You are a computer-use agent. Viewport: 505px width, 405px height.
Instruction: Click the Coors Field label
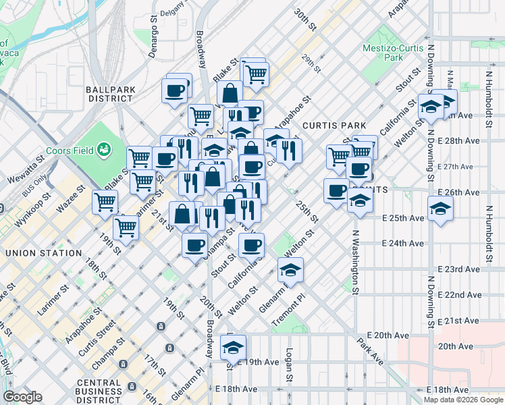pos(70,149)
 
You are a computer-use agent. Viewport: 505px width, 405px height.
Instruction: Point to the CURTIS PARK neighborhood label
pos(334,126)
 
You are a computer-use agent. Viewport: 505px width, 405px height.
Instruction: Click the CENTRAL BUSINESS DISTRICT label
pos(99,391)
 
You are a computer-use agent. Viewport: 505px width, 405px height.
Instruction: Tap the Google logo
pos(22,397)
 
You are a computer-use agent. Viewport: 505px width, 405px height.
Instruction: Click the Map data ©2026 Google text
pos(463,399)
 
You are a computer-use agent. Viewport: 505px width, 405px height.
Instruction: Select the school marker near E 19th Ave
pos(233,348)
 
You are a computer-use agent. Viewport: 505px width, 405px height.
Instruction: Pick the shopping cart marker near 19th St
pos(126,227)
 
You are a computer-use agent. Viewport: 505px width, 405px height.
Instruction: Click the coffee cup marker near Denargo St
pos(175,90)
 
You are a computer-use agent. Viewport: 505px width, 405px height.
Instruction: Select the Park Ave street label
pos(371,351)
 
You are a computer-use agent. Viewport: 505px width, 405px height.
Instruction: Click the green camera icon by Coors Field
pos(103,148)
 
